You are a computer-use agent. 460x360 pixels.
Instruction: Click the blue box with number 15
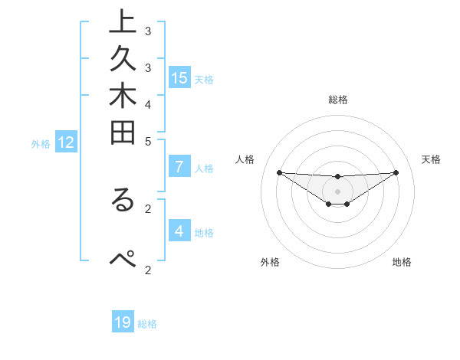tap(179, 77)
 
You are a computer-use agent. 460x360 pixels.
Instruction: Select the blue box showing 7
tap(179, 167)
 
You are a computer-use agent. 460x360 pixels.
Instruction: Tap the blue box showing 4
tap(179, 231)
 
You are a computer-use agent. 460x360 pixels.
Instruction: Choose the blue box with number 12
tap(66, 142)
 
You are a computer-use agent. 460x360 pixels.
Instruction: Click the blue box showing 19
tap(123, 322)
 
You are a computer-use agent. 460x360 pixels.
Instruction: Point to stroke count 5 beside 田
tap(148, 141)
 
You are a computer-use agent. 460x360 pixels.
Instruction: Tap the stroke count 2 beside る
tap(148, 208)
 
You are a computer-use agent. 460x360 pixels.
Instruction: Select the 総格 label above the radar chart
tap(338, 100)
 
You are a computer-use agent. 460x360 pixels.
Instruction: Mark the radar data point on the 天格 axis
tap(396, 172)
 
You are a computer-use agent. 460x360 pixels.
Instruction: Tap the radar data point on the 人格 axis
tap(279, 172)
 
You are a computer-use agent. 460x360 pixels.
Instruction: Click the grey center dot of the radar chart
tap(338, 191)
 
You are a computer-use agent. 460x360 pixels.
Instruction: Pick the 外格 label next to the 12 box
tap(41, 143)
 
